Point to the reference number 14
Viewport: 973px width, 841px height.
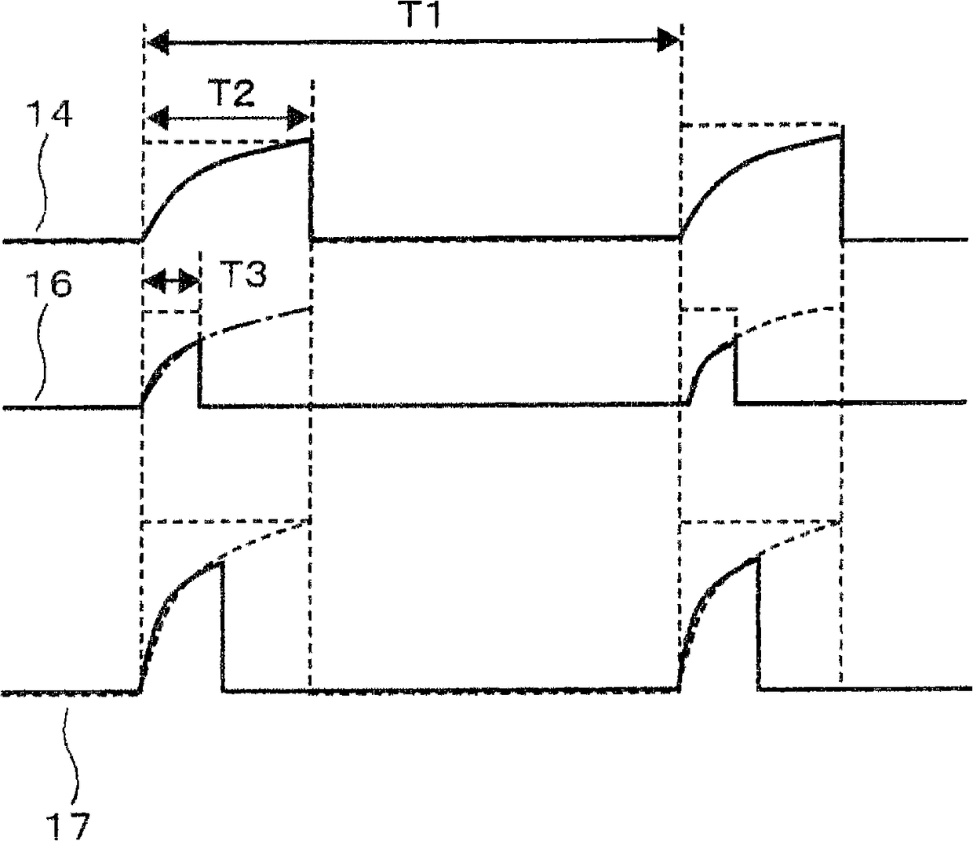pos(52,117)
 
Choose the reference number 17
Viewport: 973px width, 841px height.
pos(70,825)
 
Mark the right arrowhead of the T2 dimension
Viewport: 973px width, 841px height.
pos(299,119)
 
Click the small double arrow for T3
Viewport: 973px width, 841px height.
pos(172,279)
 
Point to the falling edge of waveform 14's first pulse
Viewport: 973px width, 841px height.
pos(311,188)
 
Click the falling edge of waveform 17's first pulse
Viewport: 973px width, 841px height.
pos(224,624)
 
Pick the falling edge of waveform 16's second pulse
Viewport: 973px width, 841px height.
pos(736,369)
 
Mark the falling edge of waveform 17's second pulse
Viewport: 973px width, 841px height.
pos(759,623)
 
